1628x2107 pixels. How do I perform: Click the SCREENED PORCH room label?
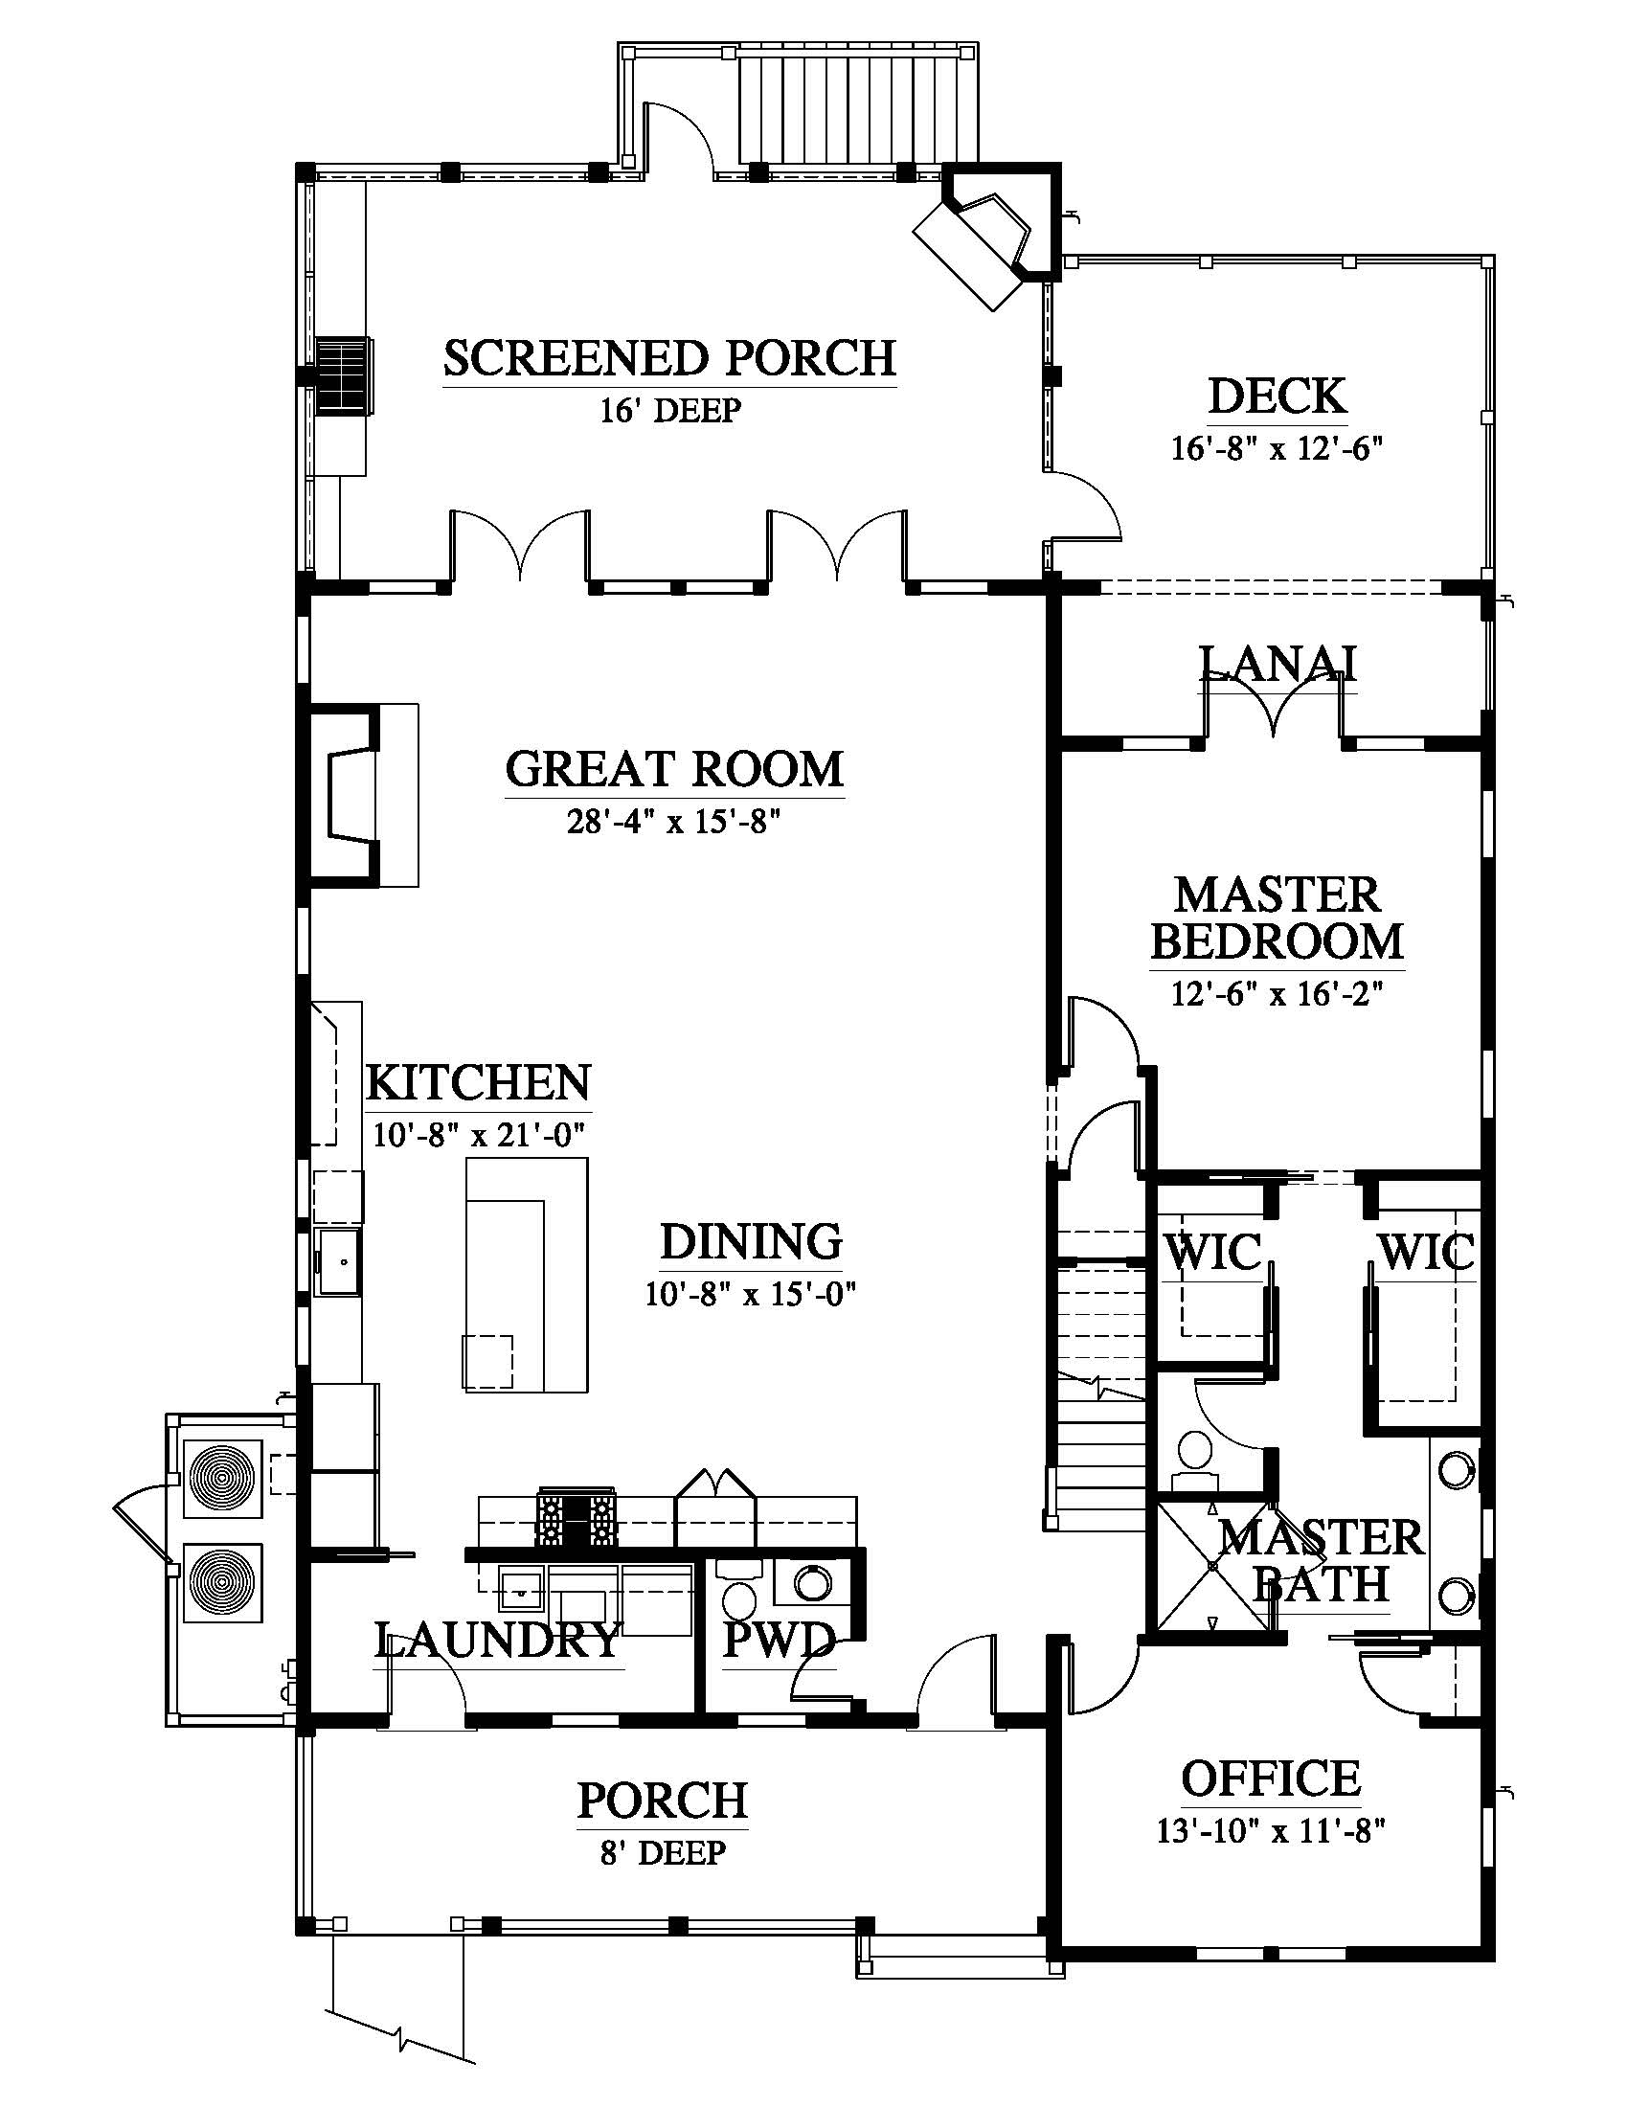pos(669,358)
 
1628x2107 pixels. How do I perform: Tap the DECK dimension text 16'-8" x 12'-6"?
pos(1277,448)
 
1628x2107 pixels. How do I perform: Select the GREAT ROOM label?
pos(674,770)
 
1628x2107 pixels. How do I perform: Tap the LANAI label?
pos(1277,664)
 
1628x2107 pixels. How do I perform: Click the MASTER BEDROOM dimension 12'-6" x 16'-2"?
pos(1277,994)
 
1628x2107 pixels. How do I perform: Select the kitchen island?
pos(527,1275)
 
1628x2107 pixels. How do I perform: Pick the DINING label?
pos(752,1242)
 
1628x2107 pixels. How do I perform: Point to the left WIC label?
pos(1213,1254)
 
